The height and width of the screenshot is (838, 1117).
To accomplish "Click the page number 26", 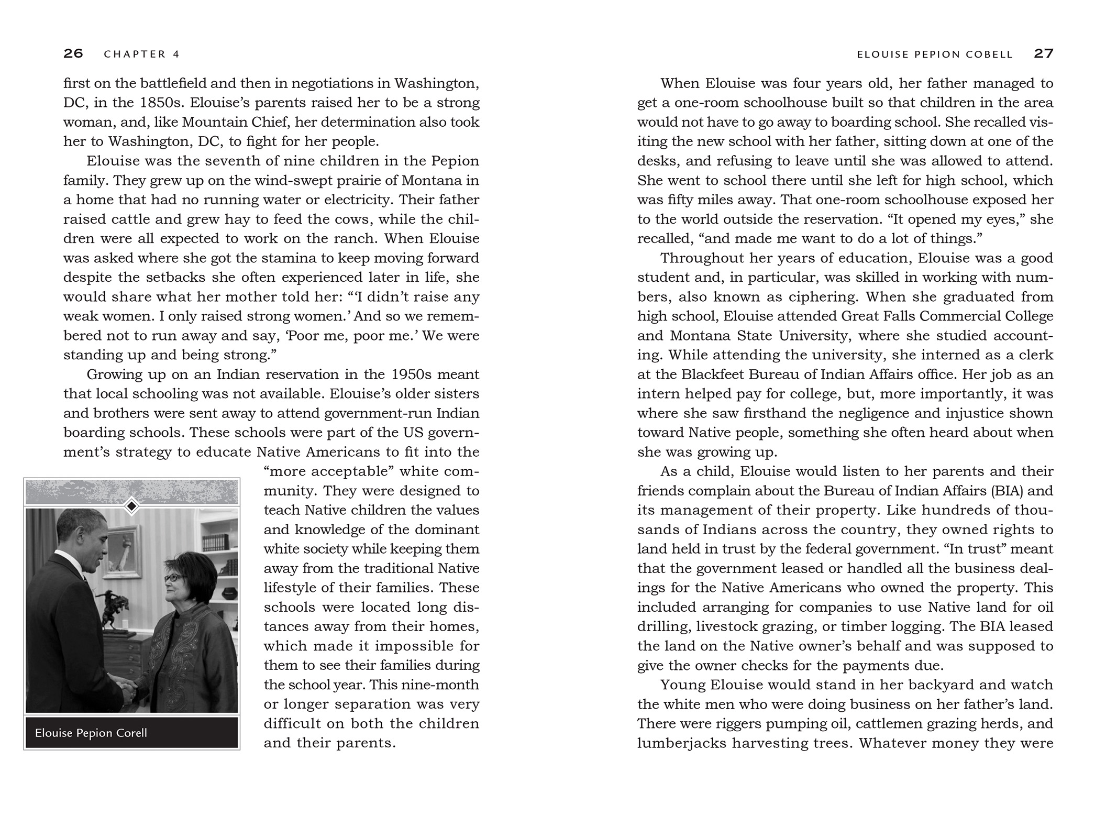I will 73,53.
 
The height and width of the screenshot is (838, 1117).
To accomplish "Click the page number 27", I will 1043,53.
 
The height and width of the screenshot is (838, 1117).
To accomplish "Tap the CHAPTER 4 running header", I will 142,54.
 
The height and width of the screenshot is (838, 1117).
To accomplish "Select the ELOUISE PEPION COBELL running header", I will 935,54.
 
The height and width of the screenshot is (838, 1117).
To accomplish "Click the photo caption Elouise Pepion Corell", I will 91,732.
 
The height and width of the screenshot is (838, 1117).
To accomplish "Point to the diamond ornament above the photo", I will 132,506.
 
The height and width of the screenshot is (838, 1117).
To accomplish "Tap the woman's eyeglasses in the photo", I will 174,577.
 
